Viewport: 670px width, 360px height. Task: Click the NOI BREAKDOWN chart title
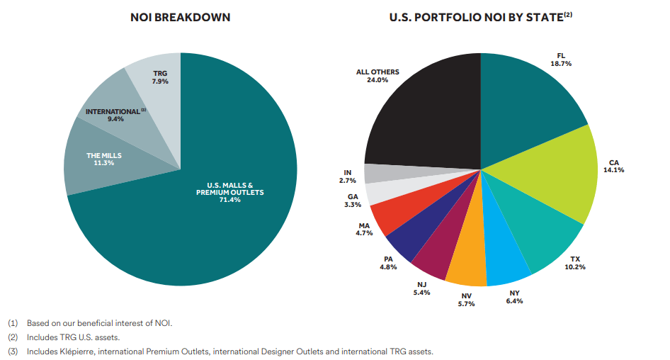point(180,17)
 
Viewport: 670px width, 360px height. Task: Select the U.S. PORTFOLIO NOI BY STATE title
point(480,17)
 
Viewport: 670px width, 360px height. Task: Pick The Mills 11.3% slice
point(99,159)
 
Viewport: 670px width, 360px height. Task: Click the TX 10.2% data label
point(574,263)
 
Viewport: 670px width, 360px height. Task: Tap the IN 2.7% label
point(346,176)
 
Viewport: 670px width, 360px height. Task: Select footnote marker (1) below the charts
point(13,323)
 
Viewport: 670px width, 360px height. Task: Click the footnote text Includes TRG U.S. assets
point(74,337)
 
